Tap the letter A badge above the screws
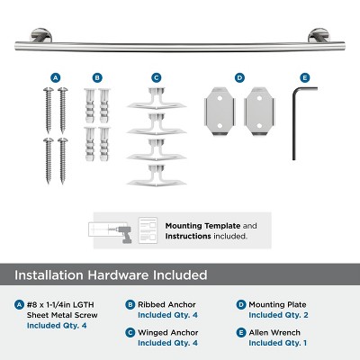tap(56, 77)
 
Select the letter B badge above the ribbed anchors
tap(97, 77)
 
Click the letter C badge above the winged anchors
tap(156, 77)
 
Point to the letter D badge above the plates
tap(239, 77)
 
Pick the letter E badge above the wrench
tap(304, 77)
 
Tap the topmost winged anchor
tap(157, 98)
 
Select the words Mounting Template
tap(196, 225)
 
